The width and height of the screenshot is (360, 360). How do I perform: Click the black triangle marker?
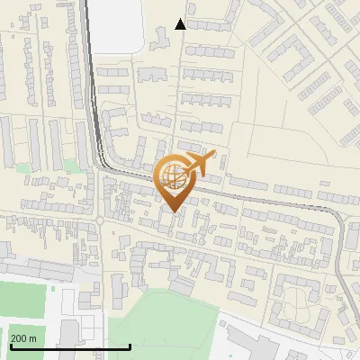pos(181,24)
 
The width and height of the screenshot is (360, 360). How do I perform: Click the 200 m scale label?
pos(23,338)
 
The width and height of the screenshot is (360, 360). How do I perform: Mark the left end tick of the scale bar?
pos(8,345)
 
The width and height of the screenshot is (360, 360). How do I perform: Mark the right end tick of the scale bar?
pos(130,345)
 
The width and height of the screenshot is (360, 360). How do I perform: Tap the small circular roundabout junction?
pos(100,219)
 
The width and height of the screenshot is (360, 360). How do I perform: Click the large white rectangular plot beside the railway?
pos(117,24)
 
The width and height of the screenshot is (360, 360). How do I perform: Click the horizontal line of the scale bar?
pos(69,346)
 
